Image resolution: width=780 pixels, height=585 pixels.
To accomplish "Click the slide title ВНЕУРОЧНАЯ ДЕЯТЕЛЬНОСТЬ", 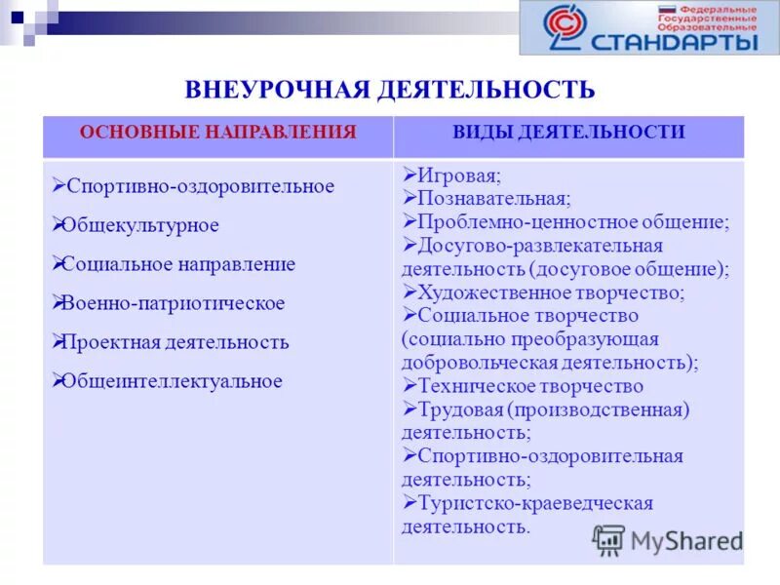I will (x=389, y=90).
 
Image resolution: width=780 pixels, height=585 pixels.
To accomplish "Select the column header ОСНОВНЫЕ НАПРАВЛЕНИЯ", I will (x=217, y=133).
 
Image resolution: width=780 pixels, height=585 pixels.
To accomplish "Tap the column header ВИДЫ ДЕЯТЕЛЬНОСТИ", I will (x=568, y=133).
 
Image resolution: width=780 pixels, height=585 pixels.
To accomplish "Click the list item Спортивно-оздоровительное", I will (x=199, y=185).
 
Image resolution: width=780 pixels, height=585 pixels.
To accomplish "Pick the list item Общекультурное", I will (x=140, y=225).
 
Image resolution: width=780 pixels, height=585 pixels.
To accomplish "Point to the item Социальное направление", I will (x=178, y=264).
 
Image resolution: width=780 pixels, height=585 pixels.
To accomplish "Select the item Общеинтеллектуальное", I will (x=172, y=381).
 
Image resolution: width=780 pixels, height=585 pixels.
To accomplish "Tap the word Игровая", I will (x=458, y=176).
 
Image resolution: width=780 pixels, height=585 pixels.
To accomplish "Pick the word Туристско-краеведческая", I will (x=534, y=503).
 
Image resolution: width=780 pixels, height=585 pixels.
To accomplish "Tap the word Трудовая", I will (x=459, y=409).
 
